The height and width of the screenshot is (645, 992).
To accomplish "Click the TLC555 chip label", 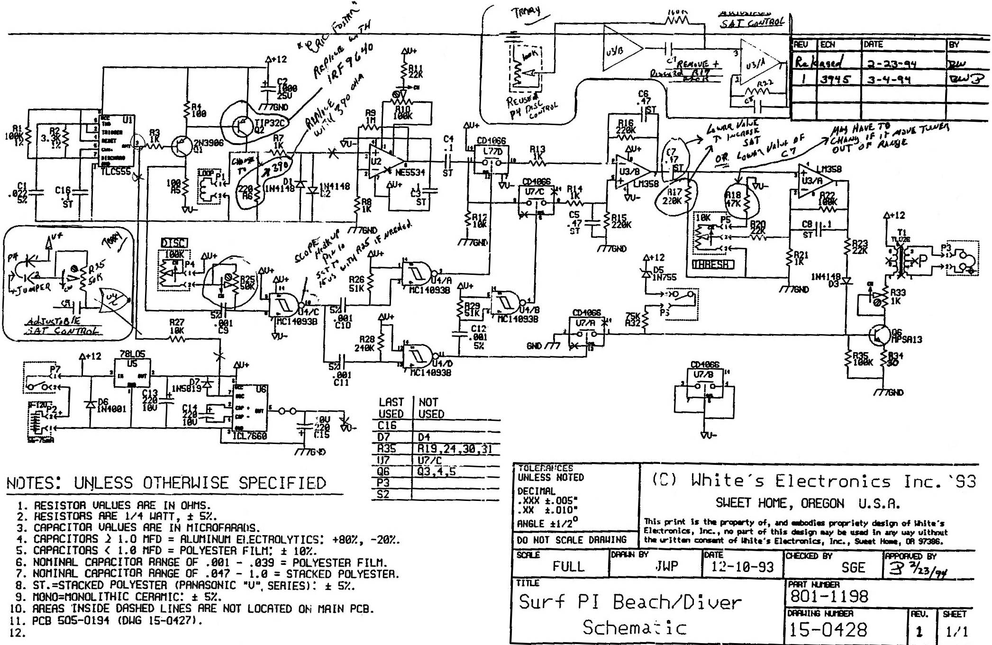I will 115,172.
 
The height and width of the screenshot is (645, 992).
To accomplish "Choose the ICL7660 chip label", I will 249,436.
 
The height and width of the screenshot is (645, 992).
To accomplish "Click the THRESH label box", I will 713,264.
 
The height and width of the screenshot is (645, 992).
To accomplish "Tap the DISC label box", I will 174,243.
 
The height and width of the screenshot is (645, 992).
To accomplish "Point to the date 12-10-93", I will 742,567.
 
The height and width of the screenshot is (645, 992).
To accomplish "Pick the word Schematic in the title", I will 634,627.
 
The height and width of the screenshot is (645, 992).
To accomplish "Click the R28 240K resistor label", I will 367,344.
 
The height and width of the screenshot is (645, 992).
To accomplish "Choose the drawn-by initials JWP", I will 666,566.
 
